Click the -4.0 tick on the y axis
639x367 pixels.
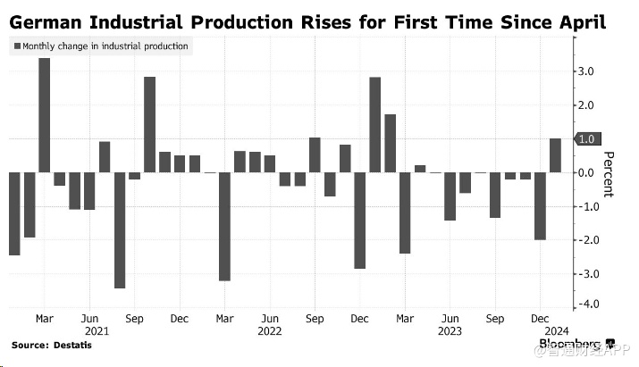[587, 304]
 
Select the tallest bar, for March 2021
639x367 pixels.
[44, 115]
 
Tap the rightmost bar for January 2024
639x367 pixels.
[555, 155]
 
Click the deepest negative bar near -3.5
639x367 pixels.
[119, 229]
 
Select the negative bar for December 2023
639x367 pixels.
[540, 205]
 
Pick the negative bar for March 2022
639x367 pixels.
[224, 226]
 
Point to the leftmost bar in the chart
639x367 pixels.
[13, 213]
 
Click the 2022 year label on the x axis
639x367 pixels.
[269, 330]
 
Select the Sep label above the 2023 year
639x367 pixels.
[495, 317]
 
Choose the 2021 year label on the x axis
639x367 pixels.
[88, 330]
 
